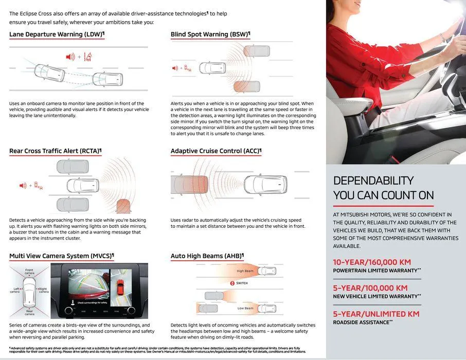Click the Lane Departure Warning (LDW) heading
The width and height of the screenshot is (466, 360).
(x=56, y=34)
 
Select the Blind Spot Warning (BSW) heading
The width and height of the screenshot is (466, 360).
(x=210, y=34)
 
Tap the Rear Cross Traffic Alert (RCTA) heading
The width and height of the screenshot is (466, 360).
(x=55, y=151)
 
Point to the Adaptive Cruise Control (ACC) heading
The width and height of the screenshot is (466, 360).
(x=216, y=151)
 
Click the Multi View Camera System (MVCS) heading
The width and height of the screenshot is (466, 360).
(x=61, y=256)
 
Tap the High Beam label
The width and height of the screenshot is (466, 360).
(x=245, y=271)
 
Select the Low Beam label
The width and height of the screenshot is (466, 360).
(x=245, y=308)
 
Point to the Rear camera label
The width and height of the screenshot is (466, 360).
(x=30, y=312)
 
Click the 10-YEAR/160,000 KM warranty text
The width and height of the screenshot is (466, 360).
(x=372, y=262)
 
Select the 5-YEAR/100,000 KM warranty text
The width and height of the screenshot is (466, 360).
(x=370, y=288)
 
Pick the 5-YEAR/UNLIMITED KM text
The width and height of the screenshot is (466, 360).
(x=376, y=314)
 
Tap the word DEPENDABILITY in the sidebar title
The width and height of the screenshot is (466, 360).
(x=373, y=181)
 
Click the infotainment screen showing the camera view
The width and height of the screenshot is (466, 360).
(x=99, y=291)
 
